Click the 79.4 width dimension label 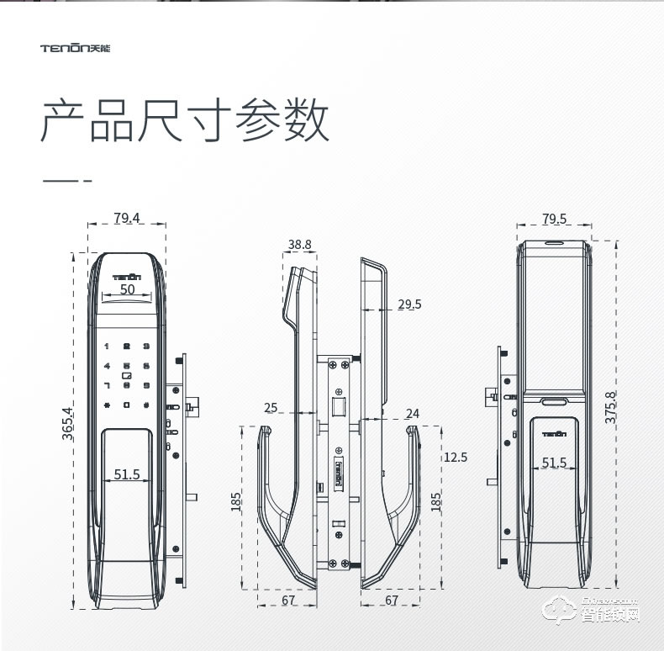point(127,219)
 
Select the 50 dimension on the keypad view point(127,289)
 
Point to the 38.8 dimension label point(299,245)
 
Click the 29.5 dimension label point(409,304)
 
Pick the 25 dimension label point(271,408)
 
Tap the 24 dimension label point(412,413)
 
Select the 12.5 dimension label point(455,458)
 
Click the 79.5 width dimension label point(554,219)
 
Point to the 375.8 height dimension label point(610,406)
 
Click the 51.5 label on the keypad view point(127,474)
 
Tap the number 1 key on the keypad point(107,347)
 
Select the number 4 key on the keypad point(107,367)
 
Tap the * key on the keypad point(107,406)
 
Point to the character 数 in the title point(303,123)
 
